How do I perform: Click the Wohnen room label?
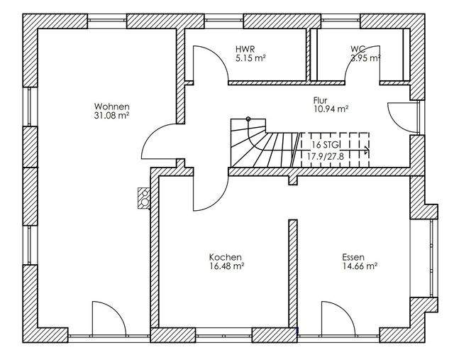click(112, 107)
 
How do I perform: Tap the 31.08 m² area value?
click(111, 115)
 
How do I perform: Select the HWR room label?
click(245, 49)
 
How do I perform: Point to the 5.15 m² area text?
click(250, 58)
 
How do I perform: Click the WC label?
click(358, 49)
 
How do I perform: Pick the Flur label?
click(320, 101)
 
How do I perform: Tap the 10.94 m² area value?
click(331, 109)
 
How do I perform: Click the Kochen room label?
click(226, 257)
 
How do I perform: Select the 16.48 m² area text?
click(226, 266)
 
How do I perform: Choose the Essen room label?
click(353, 257)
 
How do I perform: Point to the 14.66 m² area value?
click(360, 266)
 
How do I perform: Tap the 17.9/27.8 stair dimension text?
click(325, 157)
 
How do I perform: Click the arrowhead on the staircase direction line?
click(367, 150)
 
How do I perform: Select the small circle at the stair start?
click(248, 119)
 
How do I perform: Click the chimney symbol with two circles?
click(144, 197)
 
